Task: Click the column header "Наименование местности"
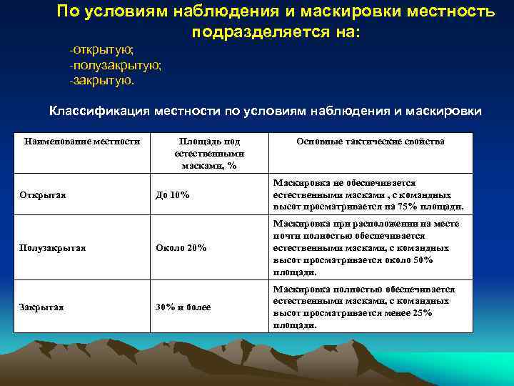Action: coord(82,142)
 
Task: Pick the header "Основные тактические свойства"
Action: coord(371,142)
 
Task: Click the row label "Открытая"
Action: coord(43,195)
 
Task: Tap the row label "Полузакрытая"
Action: coord(53,248)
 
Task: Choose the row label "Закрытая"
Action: coord(42,307)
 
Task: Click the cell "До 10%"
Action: coord(173,195)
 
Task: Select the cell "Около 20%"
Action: coord(181,248)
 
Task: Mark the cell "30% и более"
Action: coord(183,307)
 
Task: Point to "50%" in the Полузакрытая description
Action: coord(422,260)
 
